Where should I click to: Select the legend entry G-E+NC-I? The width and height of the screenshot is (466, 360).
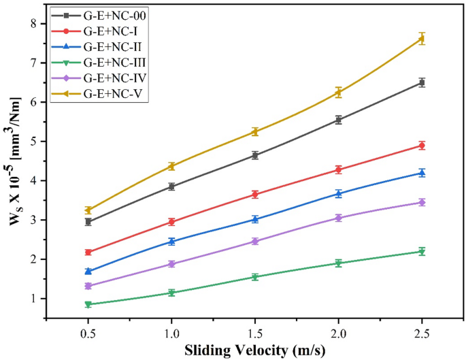[x=113, y=31]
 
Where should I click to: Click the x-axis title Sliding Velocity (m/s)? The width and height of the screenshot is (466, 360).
[x=255, y=350]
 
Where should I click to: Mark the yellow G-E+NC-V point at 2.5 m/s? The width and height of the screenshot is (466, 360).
[x=422, y=39]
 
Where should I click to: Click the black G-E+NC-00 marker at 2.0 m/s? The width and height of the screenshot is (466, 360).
[x=338, y=120]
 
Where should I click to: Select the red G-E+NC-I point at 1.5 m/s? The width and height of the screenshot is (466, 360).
[x=255, y=195]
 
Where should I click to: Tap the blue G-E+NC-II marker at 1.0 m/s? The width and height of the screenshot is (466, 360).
[x=171, y=242]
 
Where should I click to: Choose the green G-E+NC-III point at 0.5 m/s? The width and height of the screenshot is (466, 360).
[x=88, y=304]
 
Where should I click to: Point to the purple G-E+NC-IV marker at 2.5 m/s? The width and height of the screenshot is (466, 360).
[x=422, y=202]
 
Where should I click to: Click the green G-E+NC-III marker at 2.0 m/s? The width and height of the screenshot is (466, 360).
[x=338, y=263]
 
